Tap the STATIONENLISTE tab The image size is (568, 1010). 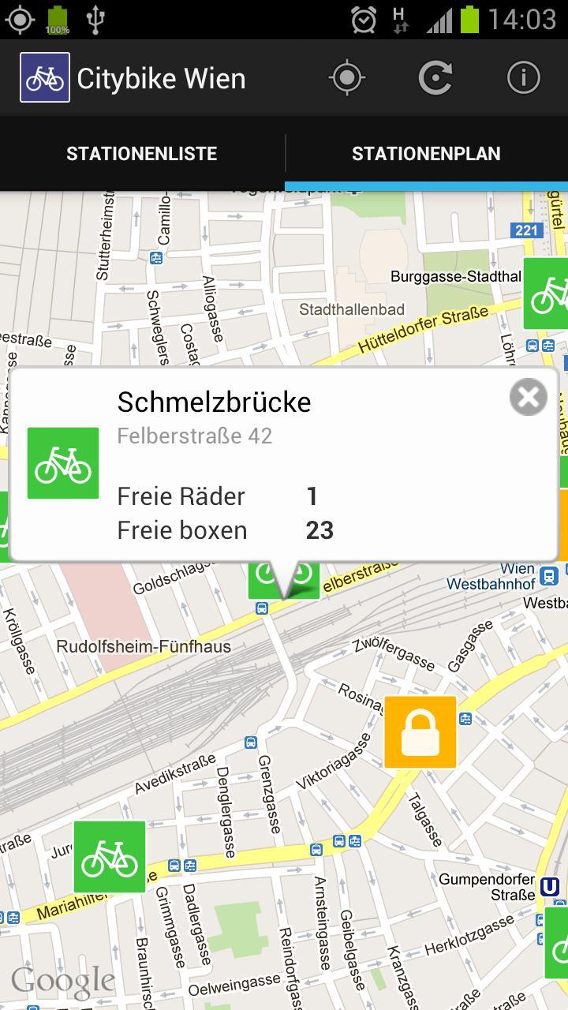pos(142,154)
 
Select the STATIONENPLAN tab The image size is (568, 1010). pos(426,154)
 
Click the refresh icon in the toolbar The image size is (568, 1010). pos(435,77)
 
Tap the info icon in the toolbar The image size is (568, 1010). pos(523,77)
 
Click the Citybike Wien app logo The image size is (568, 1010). pos(45,77)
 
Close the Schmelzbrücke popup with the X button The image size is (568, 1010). pos(528,397)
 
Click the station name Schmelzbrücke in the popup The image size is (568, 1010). pos(214,402)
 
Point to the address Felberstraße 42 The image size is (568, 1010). pos(194,436)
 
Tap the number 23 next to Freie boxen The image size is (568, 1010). pos(319,530)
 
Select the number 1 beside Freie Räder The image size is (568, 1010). pos(312,496)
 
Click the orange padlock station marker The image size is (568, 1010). pos(420,732)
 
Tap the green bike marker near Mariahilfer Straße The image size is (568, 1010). pos(110,857)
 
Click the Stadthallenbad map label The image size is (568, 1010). pos(352,310)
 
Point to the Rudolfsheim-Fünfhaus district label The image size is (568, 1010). pos(144,647)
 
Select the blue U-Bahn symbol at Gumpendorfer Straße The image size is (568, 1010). pos(550,886)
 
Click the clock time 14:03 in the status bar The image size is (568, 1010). pos(521,19)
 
